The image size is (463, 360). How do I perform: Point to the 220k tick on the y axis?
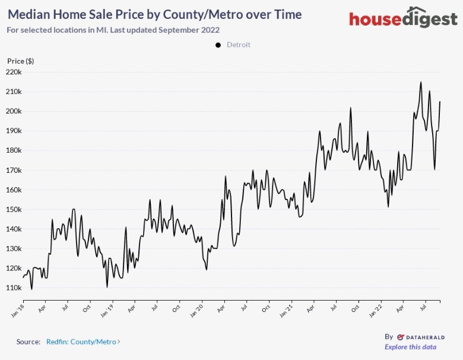[x=13, y=72]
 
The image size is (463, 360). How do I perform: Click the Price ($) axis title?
[x=20, y=61]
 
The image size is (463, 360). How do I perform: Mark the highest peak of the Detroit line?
[x=421, y=83]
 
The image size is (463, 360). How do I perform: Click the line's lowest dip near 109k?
[x=31, y=289]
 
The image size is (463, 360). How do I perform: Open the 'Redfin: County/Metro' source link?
[x=83, y=342]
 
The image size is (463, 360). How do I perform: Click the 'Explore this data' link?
[x=410, y=347]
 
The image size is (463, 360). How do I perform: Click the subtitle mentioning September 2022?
[x=113, y=29]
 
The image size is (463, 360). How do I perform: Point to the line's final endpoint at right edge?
[x=440, y=102]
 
